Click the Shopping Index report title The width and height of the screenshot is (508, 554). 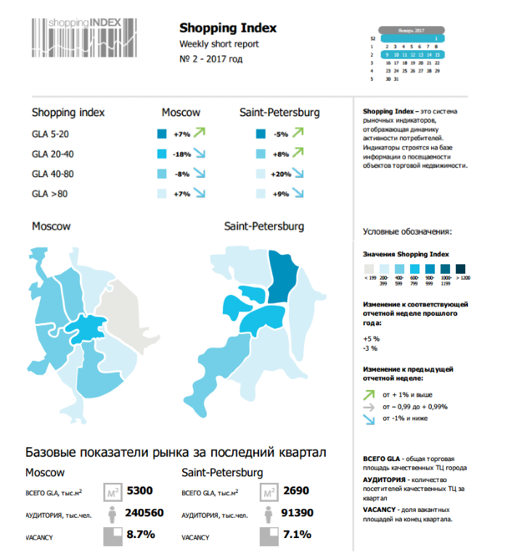228,28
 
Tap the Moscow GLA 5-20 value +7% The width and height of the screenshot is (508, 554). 181,134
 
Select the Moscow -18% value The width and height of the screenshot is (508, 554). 181,154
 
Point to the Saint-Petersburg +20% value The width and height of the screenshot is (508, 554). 280,174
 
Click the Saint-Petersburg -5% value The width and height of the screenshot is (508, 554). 281,134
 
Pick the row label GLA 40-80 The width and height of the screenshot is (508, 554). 53,174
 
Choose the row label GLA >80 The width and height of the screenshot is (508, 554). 49,194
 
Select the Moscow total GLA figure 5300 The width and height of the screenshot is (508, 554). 139,492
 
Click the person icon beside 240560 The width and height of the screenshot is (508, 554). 112,514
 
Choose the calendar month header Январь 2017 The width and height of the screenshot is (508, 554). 411,30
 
